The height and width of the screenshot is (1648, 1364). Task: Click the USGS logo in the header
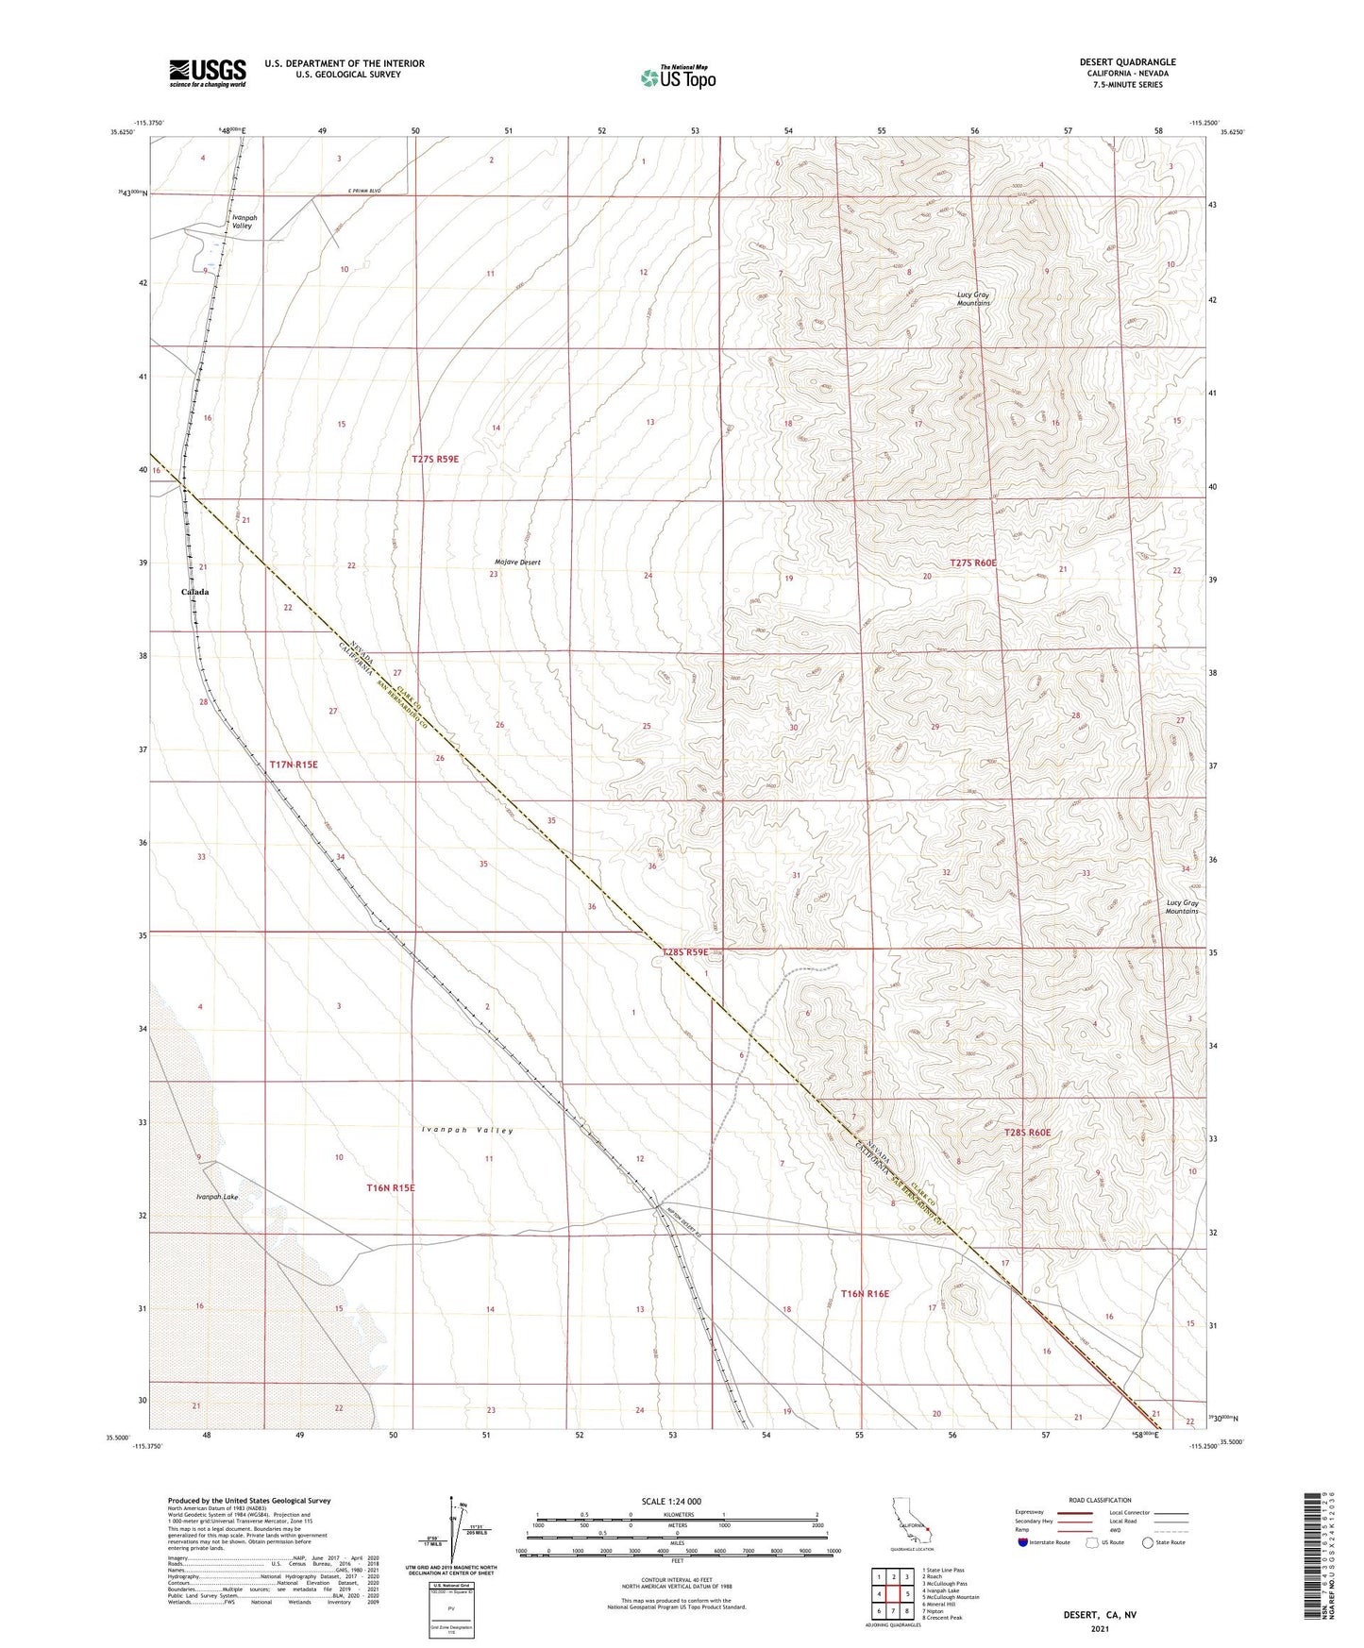[208, 73]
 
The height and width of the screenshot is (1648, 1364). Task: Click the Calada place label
[195, 592]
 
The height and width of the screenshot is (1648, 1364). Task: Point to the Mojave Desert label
[517, 563]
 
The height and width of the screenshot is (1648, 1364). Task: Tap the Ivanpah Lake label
[217, 1197]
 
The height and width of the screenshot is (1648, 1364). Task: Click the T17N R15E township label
[294, 765]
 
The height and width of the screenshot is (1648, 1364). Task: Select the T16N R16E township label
[865, 1294]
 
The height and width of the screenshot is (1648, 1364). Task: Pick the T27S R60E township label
[973, 563]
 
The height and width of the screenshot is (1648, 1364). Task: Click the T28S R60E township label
[1027, 1133]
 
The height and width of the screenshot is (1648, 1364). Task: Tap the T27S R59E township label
[435, 459]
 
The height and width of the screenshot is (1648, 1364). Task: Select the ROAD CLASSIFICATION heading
[1100, 1500]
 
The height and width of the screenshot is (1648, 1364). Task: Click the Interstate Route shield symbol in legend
[1023, 1542]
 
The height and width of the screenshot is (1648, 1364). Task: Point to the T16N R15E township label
[391, 1187]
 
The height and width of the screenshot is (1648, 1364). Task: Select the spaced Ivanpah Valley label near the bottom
[467, 1130]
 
